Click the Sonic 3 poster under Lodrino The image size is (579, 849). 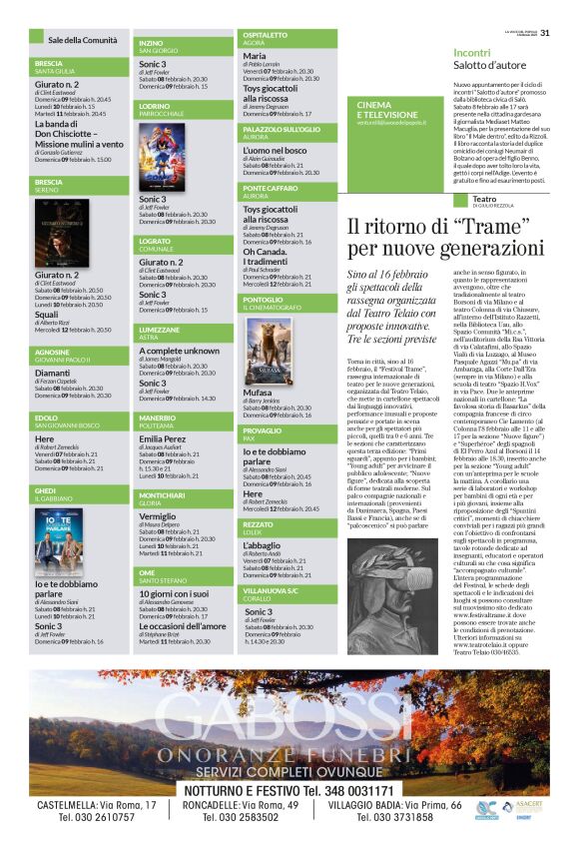[161, 156]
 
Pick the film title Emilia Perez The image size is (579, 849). [162, 438]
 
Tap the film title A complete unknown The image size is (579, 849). [179, 351]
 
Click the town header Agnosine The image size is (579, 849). [53, 352]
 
